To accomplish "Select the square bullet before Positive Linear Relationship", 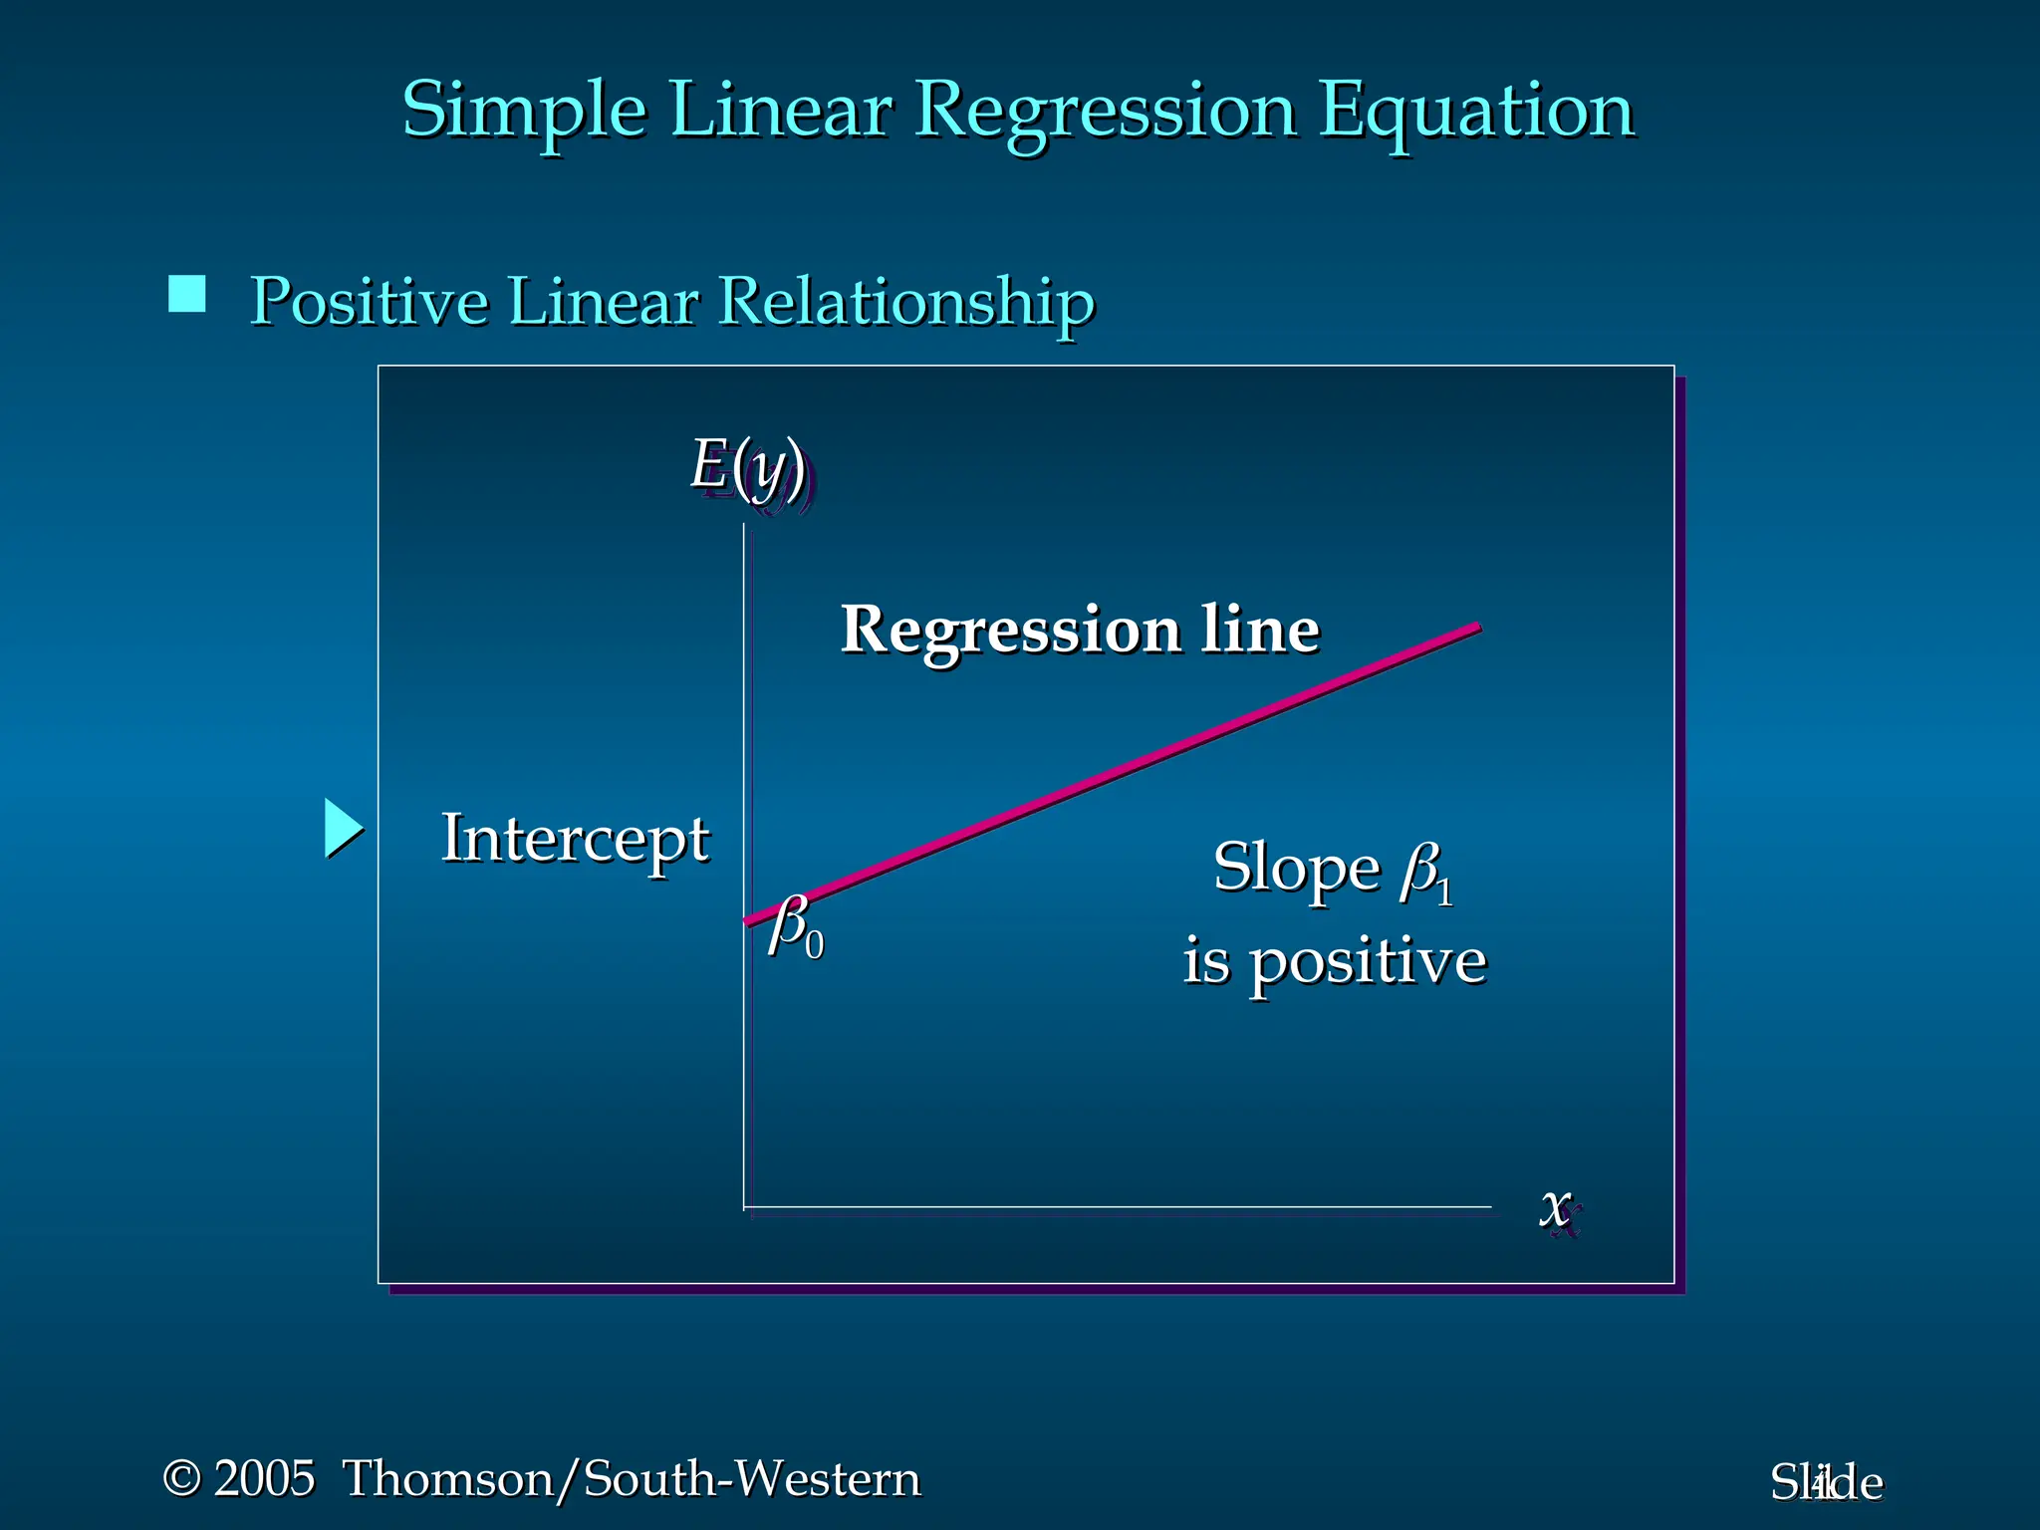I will click(187, 295).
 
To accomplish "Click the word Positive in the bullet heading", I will click(370, 301).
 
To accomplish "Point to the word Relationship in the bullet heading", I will click(906, 301).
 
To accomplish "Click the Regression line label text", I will click(1080, 630).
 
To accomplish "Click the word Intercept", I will click(575, 839).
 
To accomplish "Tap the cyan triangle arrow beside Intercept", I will click(342, 829).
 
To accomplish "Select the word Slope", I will click(1296, 869).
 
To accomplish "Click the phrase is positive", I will click(1335, 962).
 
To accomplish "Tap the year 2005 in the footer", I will click(264, 1478).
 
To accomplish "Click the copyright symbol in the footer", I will click(181, 1478).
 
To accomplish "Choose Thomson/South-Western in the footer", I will click(632, 1478).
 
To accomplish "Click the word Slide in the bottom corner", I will click(1826, 1483).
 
